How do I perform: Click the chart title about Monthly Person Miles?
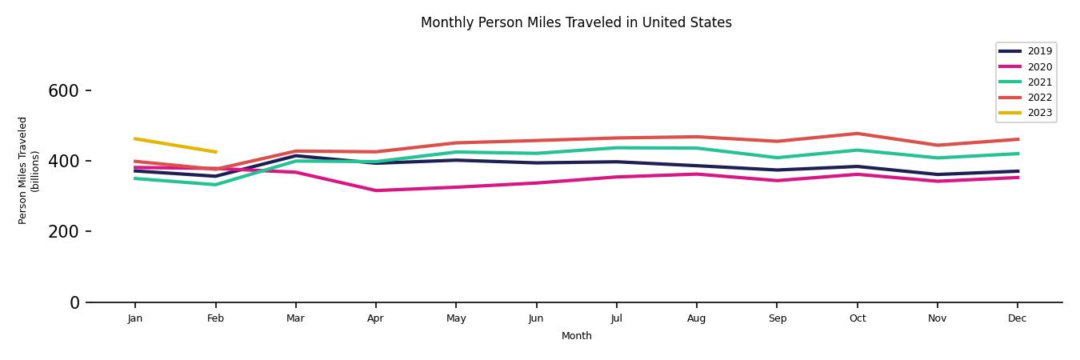coord(576,22)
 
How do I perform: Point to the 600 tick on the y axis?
coord(63,91)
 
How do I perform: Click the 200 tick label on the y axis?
coord(63,232)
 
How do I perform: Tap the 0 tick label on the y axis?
coord(74,302)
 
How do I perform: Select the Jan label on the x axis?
coord(135,318)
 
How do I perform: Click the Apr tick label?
coord(375,318)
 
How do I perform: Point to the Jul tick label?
coord(616,318)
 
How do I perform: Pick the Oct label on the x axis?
coord(857,318)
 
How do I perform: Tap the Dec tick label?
coord(1017,318)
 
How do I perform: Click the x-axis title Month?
coord(576,336)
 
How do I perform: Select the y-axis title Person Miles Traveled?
coord(29,170)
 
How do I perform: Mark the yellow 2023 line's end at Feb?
coord(215,152)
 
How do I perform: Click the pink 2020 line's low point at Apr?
coord(375,190)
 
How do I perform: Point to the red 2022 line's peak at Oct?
coord(857,134)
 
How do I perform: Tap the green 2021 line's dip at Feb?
coord(215,185)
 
